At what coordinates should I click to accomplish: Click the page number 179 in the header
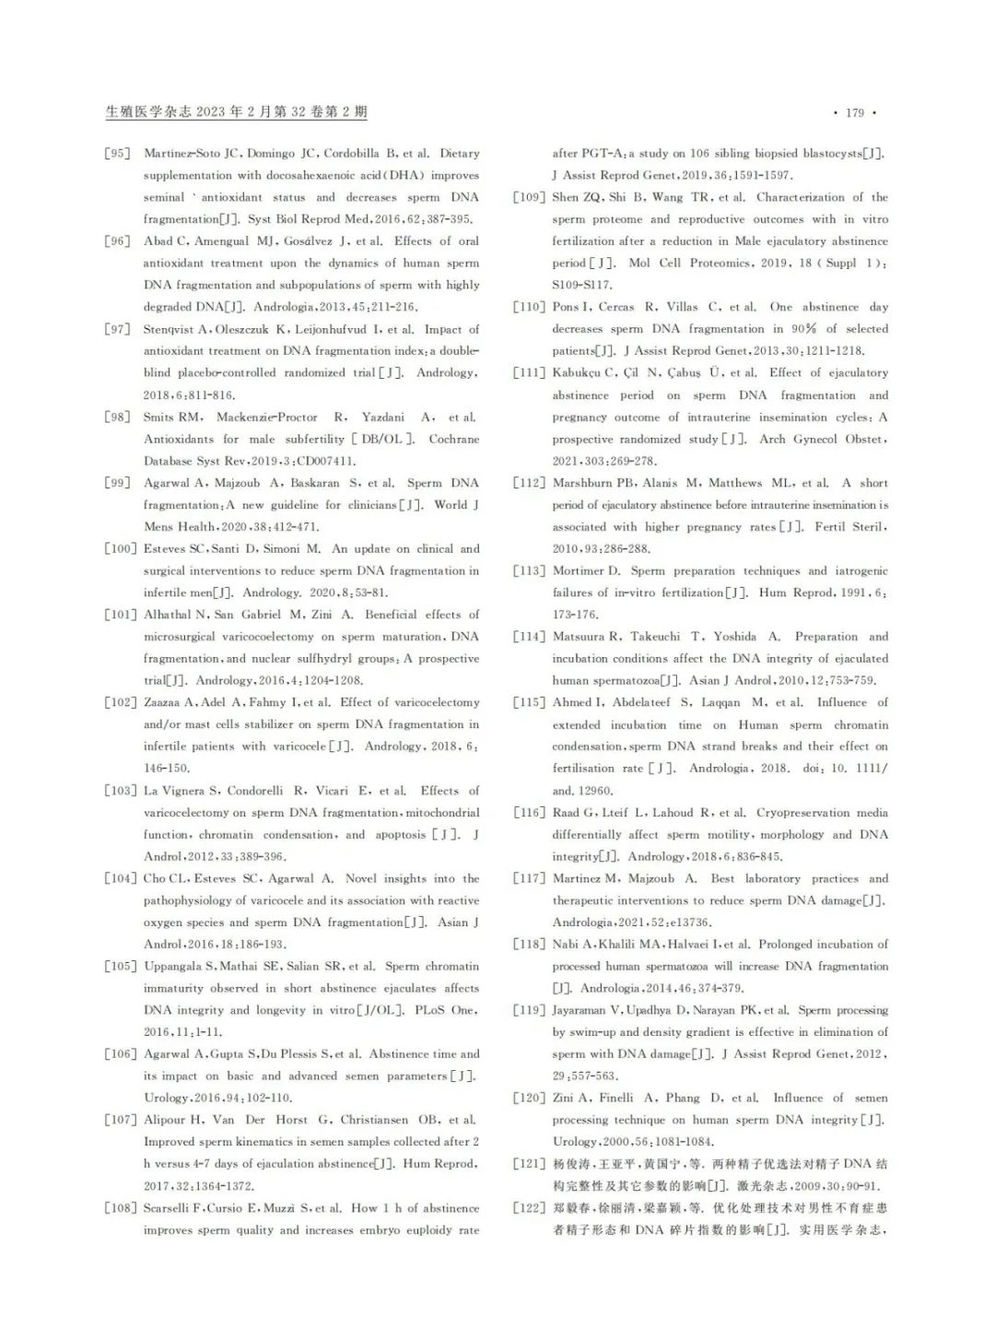(855, 112)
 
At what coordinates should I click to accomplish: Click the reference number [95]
(117, 153)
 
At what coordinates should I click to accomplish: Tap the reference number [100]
(120, 548)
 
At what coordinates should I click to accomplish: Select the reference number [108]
(120, 1208)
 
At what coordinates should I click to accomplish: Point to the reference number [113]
(529, 570)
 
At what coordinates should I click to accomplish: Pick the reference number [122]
(529, 1208)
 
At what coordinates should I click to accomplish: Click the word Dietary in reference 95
(459, 153)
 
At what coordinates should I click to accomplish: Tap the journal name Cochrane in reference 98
(453, 439)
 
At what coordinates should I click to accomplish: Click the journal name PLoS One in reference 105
(445, 1010)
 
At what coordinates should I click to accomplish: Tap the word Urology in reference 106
(166, 1099)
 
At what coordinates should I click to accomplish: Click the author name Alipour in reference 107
(166, 1121)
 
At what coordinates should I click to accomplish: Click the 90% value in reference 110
(803, 329)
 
